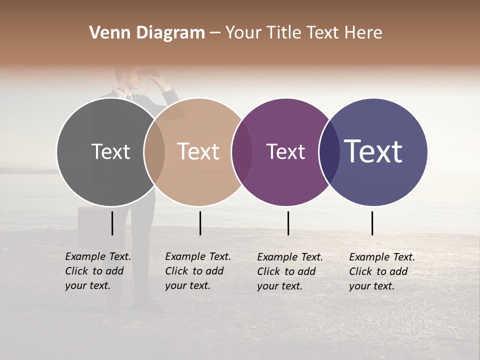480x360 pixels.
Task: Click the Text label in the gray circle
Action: click(110, 152)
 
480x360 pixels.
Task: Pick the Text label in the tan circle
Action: click(198, 152)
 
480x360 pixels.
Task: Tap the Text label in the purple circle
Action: click(285, 152)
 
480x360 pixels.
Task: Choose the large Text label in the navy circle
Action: click(373, 152)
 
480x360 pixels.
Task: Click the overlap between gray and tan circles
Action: click(154, 152)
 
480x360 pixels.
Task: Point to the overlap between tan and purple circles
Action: click(242, 152)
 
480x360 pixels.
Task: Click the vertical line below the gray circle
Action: click(112, 223)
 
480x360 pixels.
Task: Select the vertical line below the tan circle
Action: click(200, 223)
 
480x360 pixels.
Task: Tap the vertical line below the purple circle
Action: click(288, 223)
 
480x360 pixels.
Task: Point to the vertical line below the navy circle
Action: click(372, 223)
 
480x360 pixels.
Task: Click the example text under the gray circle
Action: click(98, 271)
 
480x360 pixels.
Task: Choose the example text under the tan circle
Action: click(198, 271)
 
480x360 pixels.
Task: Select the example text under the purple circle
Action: click(290, 271)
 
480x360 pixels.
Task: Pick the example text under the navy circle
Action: click(382, 271)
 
